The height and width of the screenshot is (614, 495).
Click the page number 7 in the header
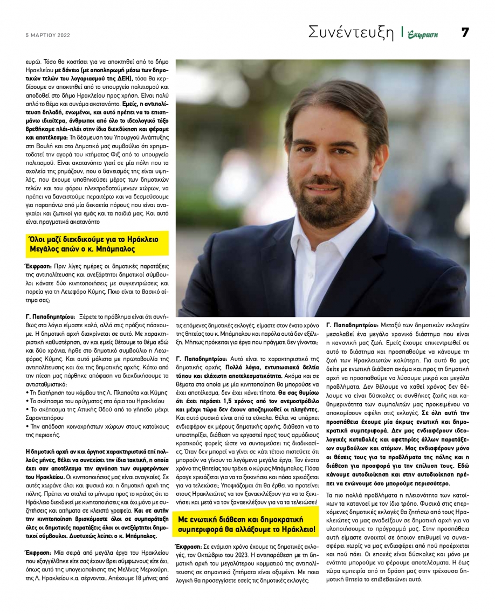(x=464, y=32)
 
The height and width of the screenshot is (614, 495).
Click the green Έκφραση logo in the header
(x=423, y=34)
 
